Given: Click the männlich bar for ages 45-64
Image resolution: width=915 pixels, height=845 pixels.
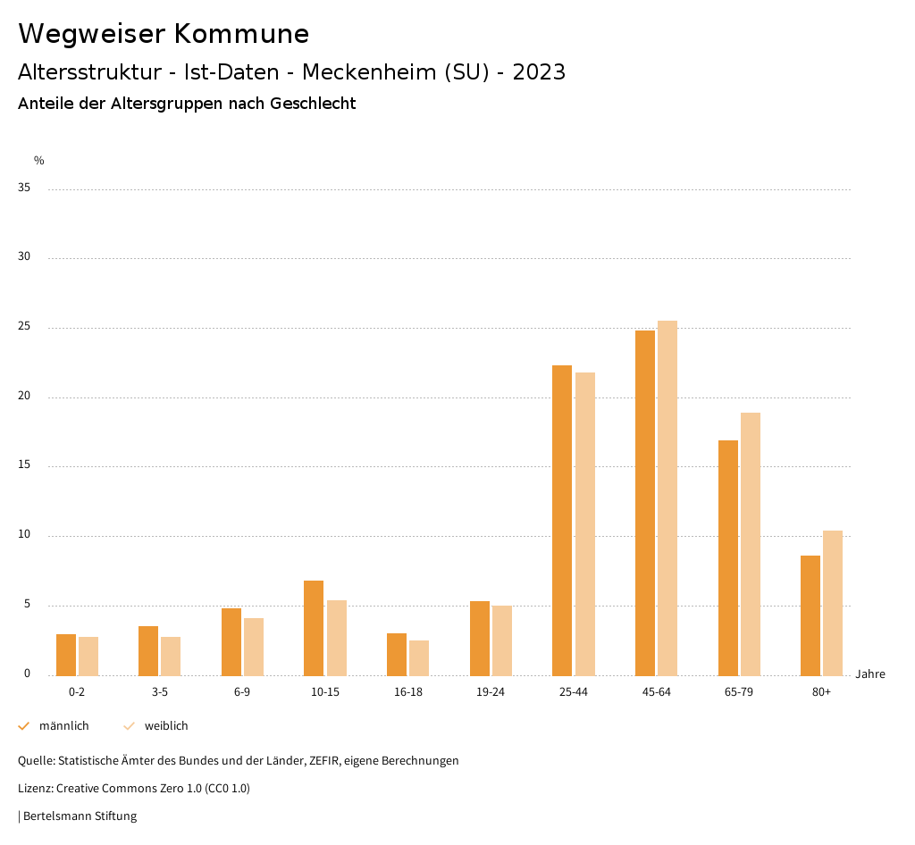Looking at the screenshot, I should [644, 503].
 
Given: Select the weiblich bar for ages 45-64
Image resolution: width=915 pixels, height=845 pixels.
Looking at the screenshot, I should [667, 498].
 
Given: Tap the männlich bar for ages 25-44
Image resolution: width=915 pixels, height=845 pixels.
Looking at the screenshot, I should [562, 520].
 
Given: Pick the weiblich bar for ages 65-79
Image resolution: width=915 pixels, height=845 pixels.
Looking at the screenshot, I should [751, 544].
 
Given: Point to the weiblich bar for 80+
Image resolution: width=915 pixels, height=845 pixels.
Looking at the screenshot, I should [833, 603].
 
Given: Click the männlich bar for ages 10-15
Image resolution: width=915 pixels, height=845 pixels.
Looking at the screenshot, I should [314, 628].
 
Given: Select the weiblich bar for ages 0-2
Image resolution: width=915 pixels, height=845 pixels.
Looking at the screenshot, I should [88, 656].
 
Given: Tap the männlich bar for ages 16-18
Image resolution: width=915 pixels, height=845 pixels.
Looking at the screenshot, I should [397, 654].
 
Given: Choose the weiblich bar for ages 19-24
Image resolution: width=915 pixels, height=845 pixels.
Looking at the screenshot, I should [502, 640].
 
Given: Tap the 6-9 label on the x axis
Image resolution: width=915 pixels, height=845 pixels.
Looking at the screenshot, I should [242, 692].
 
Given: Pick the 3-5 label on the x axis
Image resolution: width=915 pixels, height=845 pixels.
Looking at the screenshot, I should [159, 692].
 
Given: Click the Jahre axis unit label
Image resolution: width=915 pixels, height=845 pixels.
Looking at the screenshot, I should [869, 674].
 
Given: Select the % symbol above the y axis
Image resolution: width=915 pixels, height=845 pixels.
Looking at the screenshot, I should [39, 161].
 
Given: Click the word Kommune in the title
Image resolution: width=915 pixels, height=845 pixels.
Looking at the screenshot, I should [241, 34].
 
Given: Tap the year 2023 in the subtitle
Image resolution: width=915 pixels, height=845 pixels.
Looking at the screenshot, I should [539, 72].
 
